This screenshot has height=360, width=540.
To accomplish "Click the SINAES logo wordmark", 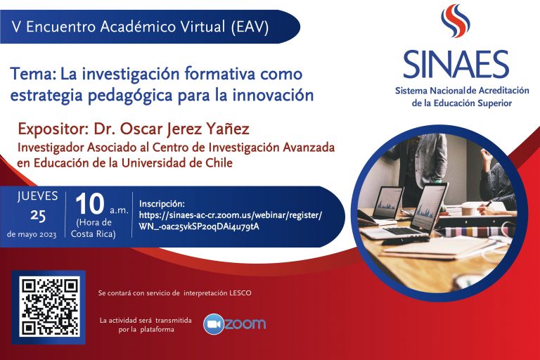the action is point(456,65).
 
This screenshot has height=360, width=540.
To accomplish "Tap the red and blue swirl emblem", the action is point(456,20).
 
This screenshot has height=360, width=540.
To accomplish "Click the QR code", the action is point(49,307).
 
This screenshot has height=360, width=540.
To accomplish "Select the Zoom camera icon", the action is point(214,324).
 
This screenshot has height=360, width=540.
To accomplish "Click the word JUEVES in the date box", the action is point(37,196).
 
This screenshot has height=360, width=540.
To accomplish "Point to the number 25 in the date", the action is point(38,215).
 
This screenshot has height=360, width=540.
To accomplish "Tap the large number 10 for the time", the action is point(89,204).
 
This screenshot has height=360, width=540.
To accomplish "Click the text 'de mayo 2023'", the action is point(32,235).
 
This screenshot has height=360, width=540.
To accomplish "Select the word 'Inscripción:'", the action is point(162,204).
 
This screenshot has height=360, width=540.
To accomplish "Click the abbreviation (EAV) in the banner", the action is point(250,27).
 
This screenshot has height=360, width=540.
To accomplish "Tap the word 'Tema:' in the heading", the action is point(33,74).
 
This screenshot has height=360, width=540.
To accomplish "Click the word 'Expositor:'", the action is point(53,129).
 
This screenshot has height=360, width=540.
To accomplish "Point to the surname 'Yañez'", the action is point(228,129).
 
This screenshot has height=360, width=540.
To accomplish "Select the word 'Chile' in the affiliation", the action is point(219,162).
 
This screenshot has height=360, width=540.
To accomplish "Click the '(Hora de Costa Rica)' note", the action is point(94,228).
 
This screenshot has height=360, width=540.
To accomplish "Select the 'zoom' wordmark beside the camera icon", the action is point(245,324).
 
